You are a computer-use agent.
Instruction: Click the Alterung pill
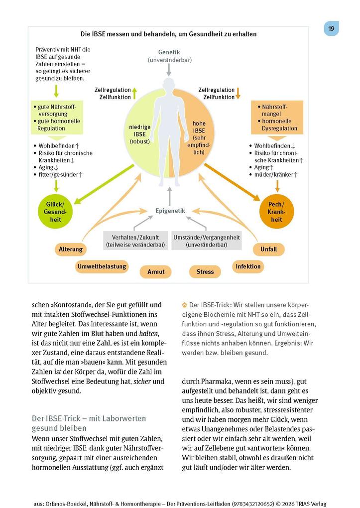(x=71, y=249)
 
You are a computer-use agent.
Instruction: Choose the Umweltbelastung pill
(x=102, y=266)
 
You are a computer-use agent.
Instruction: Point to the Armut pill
(x=156, y=271)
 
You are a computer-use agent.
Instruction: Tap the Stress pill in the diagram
(x=205, y=271)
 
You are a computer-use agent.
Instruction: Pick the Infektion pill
(x=248, y=266)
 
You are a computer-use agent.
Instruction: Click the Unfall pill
(x=268, y=249)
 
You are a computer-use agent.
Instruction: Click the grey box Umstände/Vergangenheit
(x=207, y=241)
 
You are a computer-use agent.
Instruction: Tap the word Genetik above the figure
(x=169, y=52)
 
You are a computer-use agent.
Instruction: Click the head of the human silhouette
(x=169, y=84)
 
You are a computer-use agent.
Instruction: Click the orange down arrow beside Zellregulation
(x=238, y=93)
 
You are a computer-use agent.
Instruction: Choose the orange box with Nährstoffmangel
(x=277, y=118)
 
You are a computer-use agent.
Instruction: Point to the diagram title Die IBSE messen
(x=169, y=34)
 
